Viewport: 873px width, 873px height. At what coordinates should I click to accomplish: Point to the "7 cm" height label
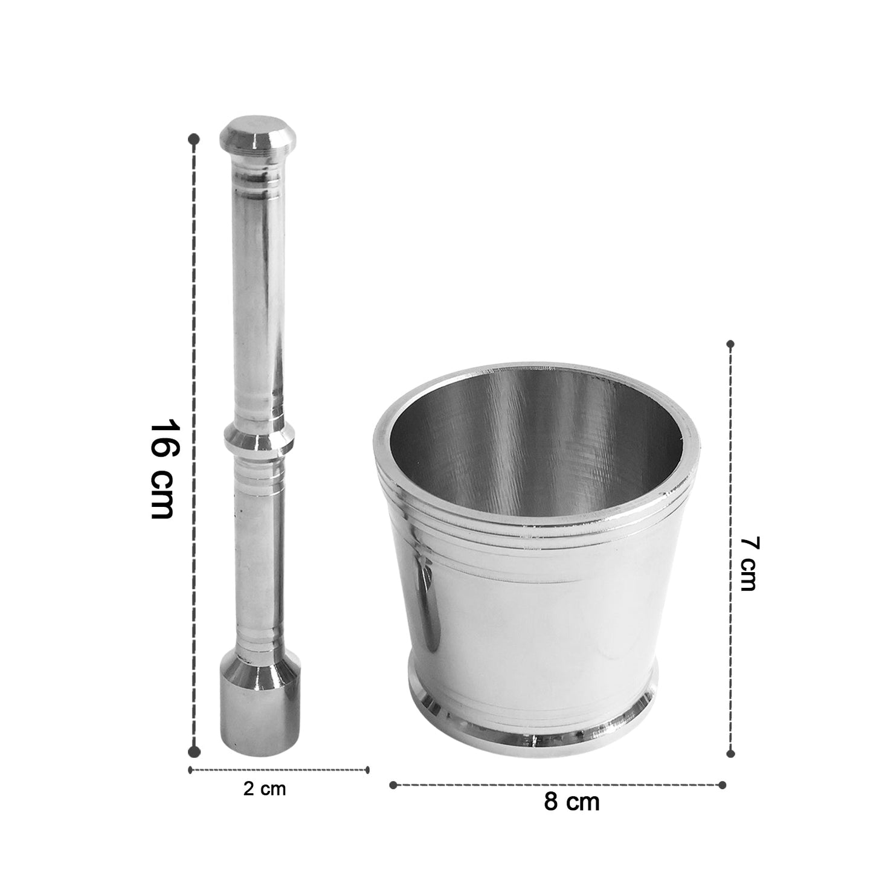[749, 564]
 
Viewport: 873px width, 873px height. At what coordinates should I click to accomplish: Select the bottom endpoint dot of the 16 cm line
[194, 751]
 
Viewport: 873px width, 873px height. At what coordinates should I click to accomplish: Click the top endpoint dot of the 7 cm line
[730, 344]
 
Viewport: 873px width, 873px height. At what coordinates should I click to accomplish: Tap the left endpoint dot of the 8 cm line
[393, 785]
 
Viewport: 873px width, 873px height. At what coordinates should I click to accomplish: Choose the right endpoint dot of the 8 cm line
[723, 785]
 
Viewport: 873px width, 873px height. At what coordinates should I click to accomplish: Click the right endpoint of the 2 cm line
[367, 770]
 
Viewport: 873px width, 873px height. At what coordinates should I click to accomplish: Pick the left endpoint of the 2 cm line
[190, 770]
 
